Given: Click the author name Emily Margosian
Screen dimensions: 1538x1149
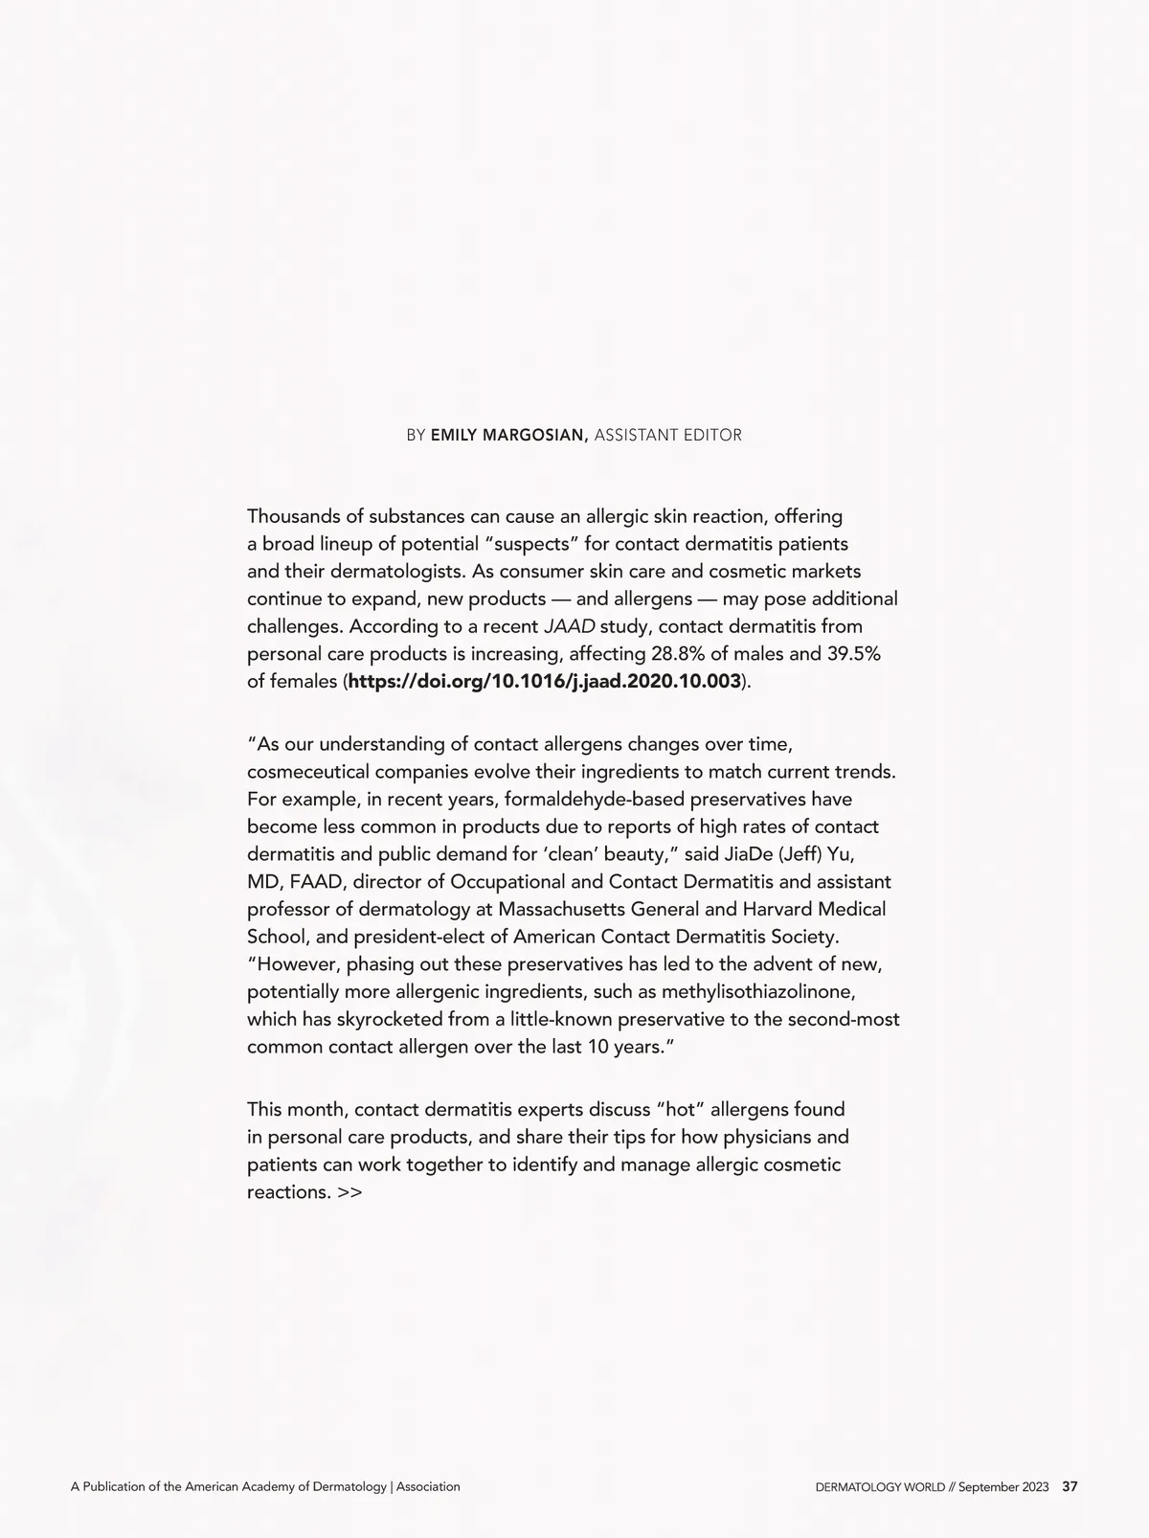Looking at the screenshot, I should (x=508, y=436).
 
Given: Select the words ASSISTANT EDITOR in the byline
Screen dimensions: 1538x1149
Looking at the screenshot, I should (x=667, y=436).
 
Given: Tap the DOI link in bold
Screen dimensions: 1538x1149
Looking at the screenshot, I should (x=545, y=682).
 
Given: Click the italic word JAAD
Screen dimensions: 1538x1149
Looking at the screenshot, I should (x=569, y=627).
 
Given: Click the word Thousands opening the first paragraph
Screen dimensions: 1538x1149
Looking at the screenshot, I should (x=293, y=517).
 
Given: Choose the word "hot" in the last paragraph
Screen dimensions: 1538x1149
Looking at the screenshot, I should (x=681, y=1110).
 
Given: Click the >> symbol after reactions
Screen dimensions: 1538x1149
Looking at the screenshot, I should (x=349, y=1193).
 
